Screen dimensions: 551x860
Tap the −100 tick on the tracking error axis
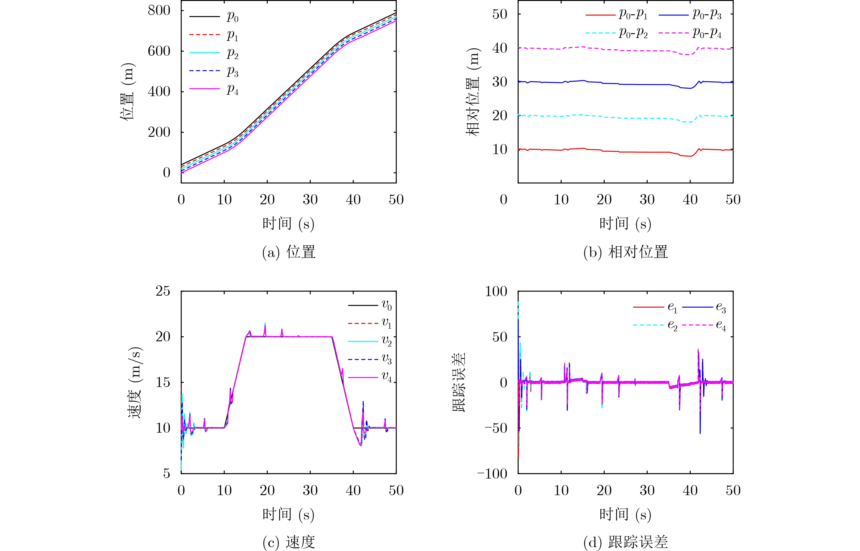coord(493,474)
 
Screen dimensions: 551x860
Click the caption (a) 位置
coord(289,252)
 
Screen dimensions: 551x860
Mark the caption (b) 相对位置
coord(625,252)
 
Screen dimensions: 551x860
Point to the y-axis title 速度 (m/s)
coord(135,382)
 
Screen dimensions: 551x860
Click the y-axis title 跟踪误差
coord(459,382)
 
